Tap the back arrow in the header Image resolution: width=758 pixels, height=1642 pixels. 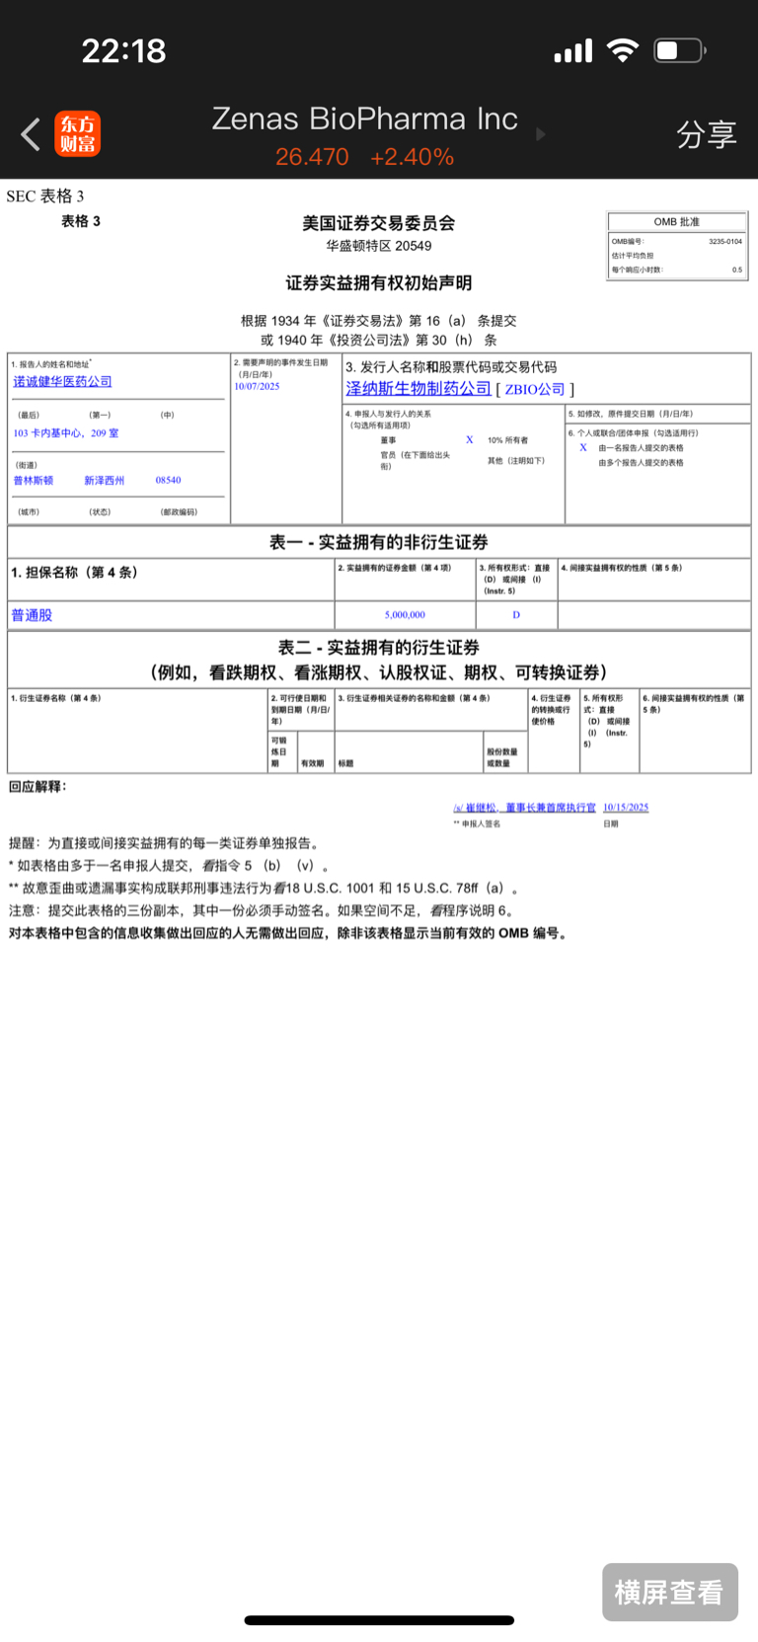(x=31, y=134)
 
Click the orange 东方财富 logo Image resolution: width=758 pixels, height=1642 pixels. (x=77, y=134)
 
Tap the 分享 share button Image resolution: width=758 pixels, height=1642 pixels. (x=706, y=134)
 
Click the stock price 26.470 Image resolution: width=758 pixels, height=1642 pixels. (x=312, y=157)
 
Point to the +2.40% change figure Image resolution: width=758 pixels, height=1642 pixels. (x=412, y=157)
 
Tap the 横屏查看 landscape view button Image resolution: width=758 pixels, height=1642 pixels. (x=669, y=1592)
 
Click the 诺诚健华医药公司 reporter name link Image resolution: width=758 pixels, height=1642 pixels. (x=62, y=381)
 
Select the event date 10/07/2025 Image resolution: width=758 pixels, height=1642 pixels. (x=257, y=386)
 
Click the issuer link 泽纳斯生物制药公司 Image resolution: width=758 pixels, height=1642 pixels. (x=418, y=389)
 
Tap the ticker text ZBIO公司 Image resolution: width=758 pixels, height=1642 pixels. (x=535, y=389)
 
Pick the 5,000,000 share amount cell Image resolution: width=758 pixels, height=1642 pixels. (x=405, y=614)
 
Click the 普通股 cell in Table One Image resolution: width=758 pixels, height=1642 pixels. (x=32, y=615)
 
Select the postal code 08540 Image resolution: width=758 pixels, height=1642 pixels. (x=168, y=480)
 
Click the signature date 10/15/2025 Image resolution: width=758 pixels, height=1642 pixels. (x=626, y=808)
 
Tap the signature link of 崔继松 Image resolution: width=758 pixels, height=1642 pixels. (x=524, y=808)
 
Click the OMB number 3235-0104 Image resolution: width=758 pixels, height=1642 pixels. (x=725, y=241)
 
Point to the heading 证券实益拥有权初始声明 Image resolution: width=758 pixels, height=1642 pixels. (x=379, y=283)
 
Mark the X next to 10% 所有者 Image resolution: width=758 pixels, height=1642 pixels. (x=470, y=440)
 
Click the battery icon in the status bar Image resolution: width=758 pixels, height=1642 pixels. (x=679, y=50)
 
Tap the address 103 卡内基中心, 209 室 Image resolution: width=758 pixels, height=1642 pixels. (x=66, y=432)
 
